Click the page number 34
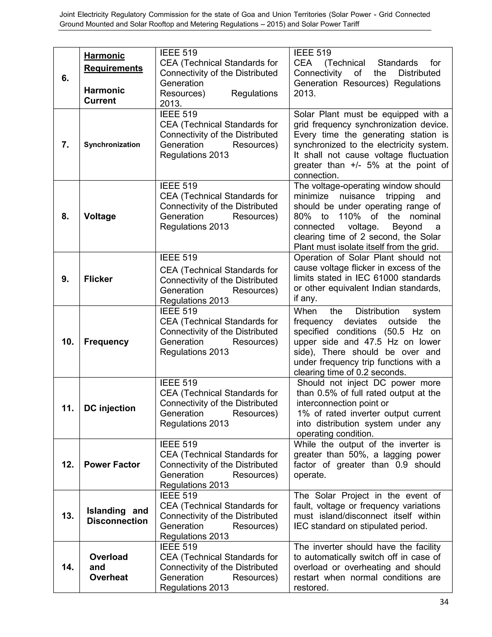tap(444, 602)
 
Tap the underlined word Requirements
tap(113, 68)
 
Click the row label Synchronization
tap(112, 145)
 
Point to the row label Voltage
tap(100, 216)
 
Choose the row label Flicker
tap(98, 279)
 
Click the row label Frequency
tap(106, 342)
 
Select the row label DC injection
tap(110, 408)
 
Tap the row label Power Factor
tap(112, 464)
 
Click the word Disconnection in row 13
tap(117, 521)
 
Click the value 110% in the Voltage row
tap(350, 216)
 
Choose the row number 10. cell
tap(67, 342)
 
